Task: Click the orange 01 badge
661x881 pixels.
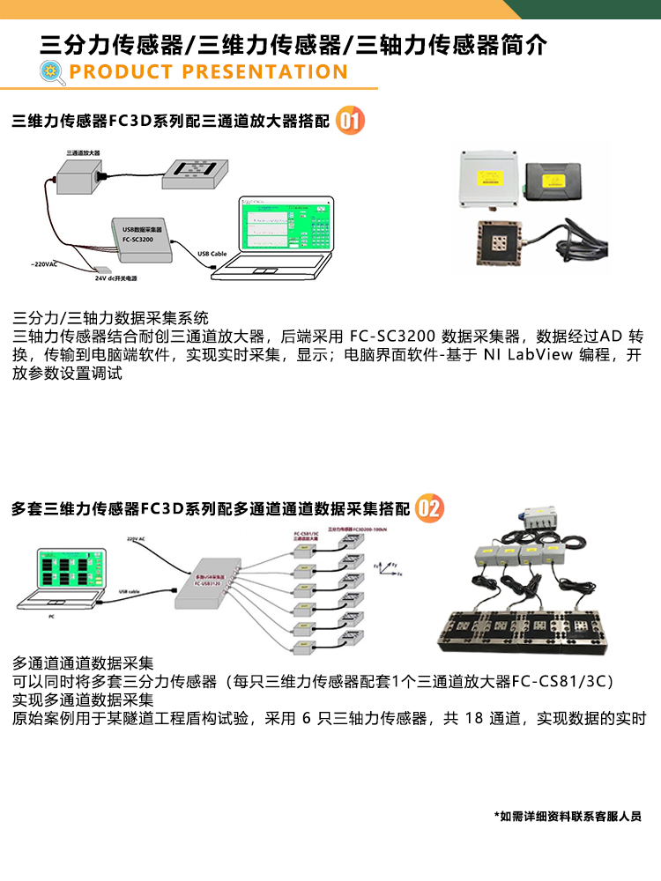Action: pos(351,121)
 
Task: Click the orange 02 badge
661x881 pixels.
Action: pos(430,508)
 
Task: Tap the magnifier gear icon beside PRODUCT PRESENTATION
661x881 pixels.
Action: pos(53,72)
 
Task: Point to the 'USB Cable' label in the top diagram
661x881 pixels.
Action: pos(212,254)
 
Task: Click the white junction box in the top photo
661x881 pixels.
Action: pos(486,178)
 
